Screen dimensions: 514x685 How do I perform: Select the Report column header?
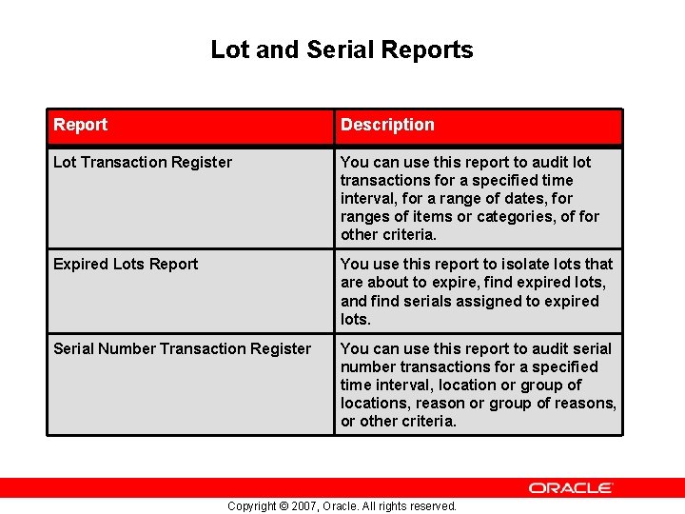(x=81, y=125)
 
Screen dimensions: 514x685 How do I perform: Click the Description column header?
(x=387, y=125)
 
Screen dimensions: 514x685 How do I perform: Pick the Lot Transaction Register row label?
(x=143, y=162)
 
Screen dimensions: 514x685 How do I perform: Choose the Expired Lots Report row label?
(x=126, y=264)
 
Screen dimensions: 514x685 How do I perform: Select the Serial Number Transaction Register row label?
(x=182, y=348)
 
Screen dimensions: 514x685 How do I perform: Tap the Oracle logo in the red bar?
(x=571, y=487)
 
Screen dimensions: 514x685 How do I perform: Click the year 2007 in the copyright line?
(x=305, y=506)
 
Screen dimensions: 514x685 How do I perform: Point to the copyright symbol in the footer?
(x=282, y=506)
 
